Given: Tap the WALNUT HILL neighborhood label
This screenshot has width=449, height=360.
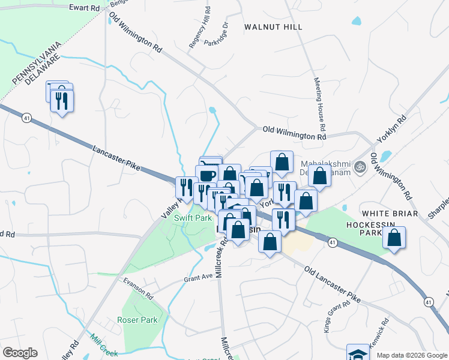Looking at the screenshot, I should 274,27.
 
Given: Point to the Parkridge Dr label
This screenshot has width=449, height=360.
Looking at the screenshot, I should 217,34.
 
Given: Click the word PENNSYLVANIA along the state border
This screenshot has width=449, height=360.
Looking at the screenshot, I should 37,62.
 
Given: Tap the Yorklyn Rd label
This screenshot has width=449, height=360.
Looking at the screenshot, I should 391,128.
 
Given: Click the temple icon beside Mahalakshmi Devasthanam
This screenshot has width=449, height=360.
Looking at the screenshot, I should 360,166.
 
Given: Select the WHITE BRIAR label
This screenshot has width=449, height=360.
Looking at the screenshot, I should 389,213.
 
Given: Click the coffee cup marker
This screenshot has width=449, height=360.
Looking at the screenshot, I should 208,175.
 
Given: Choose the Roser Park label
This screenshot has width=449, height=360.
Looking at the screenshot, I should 137,320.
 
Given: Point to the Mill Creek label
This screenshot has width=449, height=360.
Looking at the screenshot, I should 106,346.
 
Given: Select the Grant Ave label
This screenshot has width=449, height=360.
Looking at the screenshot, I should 199,277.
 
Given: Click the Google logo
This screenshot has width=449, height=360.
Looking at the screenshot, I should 20,353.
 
